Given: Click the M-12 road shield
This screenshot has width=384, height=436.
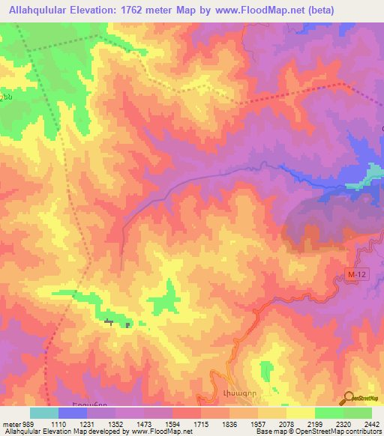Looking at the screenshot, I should [358, 276].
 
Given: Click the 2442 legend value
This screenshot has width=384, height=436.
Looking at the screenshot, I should [371, 424].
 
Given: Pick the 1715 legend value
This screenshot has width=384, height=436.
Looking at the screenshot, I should [201, 424].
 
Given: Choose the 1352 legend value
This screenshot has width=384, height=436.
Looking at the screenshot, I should [116, 424].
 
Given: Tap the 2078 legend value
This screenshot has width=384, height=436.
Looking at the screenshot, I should [286, 424].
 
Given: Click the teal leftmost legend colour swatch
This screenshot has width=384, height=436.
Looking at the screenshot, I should [44, 413].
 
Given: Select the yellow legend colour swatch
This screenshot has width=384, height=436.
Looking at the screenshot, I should [300, 413].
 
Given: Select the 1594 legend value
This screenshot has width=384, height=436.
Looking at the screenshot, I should [172, 424].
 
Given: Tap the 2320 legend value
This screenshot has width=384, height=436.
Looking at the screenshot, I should [343, 424].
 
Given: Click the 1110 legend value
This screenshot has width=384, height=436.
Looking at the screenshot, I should [59, 424].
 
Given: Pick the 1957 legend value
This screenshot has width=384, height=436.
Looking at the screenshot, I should [257, 424].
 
